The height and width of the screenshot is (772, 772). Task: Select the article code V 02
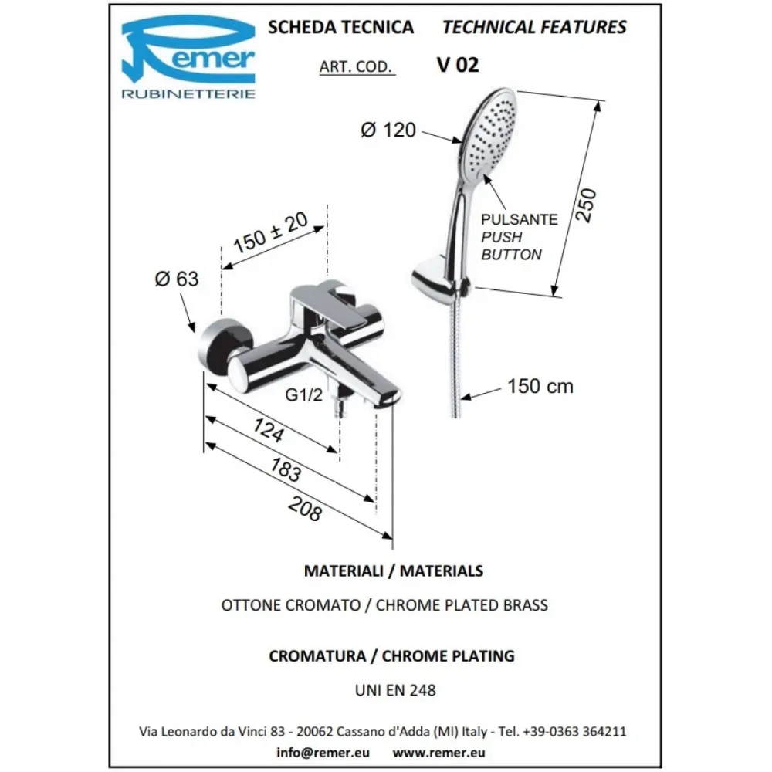pyautogui.click(x=457, y=65)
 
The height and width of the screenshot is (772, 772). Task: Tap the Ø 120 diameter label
pyautogui.click(x=388, y=130)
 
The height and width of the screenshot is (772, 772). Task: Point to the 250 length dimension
pyautogui.click(x=586, y=205)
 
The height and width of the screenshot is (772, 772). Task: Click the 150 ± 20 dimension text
pyautogui.click(x=270, y=232)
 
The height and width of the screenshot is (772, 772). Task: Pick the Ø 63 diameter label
pyautogui.click(x=176, y=279)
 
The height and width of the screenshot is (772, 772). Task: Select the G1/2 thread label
pyautogui.click(x=303, y=394)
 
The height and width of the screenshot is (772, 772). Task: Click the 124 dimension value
pyautogui.click(x=269, y=430)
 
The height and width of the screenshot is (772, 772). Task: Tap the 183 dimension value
pyautogui.click(x=286, y=469)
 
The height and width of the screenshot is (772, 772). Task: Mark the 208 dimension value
pyautogui.click(x=305, y=508)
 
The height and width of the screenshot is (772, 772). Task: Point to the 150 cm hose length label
pyautogui.click(x=540, y=387)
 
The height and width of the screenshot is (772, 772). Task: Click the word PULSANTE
pyautogui.click(x=520, y=219)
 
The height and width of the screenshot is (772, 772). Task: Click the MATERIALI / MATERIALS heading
pyautogui.click(x=394, y=571)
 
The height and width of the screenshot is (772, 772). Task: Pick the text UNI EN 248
pyautogui.click(x=395, y=690)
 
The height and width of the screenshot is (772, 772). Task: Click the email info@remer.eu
pyautogui.click(x=323, y=753)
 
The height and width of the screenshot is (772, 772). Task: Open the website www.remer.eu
pyautogui.click(x=438, y=753)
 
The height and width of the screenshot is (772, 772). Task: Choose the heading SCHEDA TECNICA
pyautogui.click(x=340, y=28)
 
